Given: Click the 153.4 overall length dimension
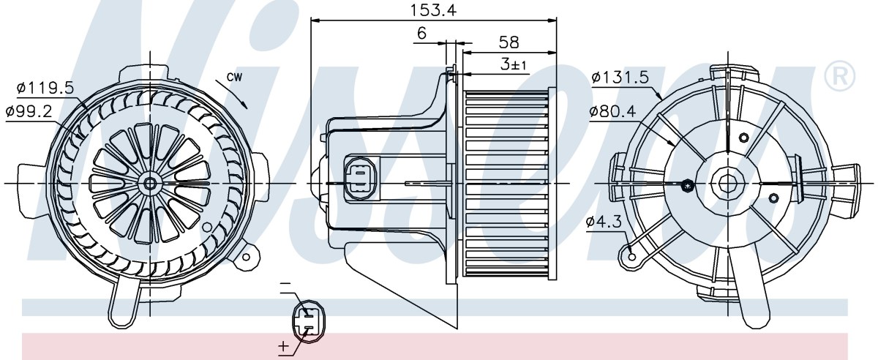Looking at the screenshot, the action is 433,10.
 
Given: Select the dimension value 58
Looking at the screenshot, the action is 509,42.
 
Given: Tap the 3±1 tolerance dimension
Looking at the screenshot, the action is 513,64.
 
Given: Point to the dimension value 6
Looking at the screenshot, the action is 421,33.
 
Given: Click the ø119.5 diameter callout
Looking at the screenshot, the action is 45,88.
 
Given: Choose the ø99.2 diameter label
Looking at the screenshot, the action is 29,113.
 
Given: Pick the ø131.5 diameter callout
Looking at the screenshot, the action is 620,78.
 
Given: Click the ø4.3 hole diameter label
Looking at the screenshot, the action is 604,222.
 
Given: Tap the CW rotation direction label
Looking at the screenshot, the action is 234,77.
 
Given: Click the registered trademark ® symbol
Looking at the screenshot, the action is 840,77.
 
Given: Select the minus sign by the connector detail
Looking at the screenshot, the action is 286,283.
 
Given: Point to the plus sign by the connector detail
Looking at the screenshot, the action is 283,346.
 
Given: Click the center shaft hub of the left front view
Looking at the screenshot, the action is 150,183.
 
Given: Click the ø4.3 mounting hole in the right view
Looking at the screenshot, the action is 631,258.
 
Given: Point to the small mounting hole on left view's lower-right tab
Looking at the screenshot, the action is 246,258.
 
